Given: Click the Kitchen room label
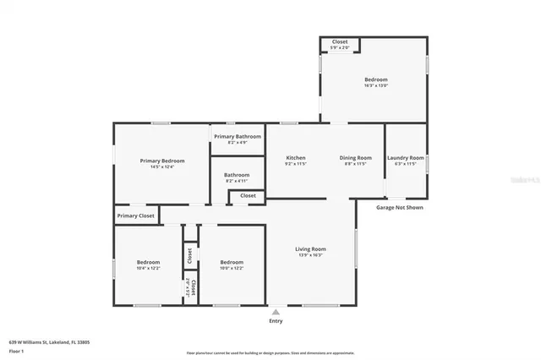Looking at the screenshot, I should coord(295,158).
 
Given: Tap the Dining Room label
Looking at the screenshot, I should coord(355,158).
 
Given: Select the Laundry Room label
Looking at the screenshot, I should coord(404,158).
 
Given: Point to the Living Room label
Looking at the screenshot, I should coord(310,249).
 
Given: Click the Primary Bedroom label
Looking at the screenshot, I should coord(161,161).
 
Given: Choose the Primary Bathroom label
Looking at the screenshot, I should coord(237,136).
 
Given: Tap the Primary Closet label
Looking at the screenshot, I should coord(135,215).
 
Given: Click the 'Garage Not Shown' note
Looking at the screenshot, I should coord(400,207).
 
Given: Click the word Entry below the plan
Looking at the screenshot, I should coord(276,321).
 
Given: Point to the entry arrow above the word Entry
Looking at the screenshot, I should coord(276,312).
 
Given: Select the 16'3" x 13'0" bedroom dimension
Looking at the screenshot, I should coord(375,86).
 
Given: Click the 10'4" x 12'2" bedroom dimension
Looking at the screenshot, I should coord(148,268).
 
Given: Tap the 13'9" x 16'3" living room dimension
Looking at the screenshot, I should coord(310,255).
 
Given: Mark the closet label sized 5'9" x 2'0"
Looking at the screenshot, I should coord(339,47).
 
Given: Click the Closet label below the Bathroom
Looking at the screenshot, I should coord(248,195).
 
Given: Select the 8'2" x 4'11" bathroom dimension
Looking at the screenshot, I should coord(237,181).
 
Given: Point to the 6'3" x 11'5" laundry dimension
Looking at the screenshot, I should coord(404,164).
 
